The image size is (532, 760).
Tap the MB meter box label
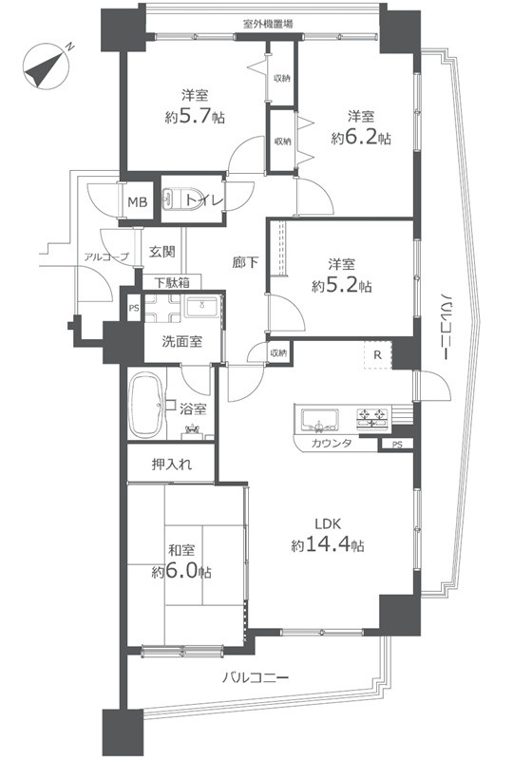pos(137,202)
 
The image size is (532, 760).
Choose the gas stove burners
pos(372,419)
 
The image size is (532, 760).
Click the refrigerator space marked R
pos(377,355)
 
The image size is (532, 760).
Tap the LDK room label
pos(328,524)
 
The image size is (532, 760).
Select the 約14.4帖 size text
pos(328,545)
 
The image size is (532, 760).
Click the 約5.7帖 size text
pos(195,117)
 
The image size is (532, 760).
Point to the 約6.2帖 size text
pos(361,138)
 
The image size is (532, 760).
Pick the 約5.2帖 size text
pos(342,286)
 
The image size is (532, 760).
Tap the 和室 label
pos(181,551)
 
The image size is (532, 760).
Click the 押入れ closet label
pos(172,465)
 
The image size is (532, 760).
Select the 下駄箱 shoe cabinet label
pos(172,282)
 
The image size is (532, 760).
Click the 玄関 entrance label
pos(161,252)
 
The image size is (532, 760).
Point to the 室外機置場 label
pos(268,23)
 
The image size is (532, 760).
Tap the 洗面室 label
pos(181,342)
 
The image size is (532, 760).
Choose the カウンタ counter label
pos(332,443)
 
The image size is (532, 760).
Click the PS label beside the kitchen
pos(397,445)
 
